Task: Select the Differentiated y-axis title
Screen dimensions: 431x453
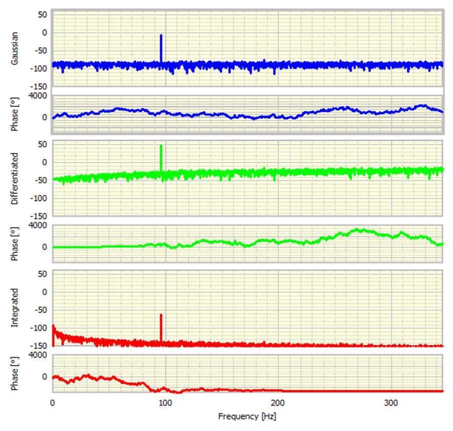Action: pos(15,179)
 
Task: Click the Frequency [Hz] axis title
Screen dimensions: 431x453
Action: pos(247,416)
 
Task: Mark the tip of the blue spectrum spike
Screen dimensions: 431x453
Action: pos(161,35)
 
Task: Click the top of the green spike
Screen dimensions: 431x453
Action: pos(161,145)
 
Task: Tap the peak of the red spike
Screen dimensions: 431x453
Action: pos(161,315)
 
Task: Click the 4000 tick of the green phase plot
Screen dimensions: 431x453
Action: pos(39,225)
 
